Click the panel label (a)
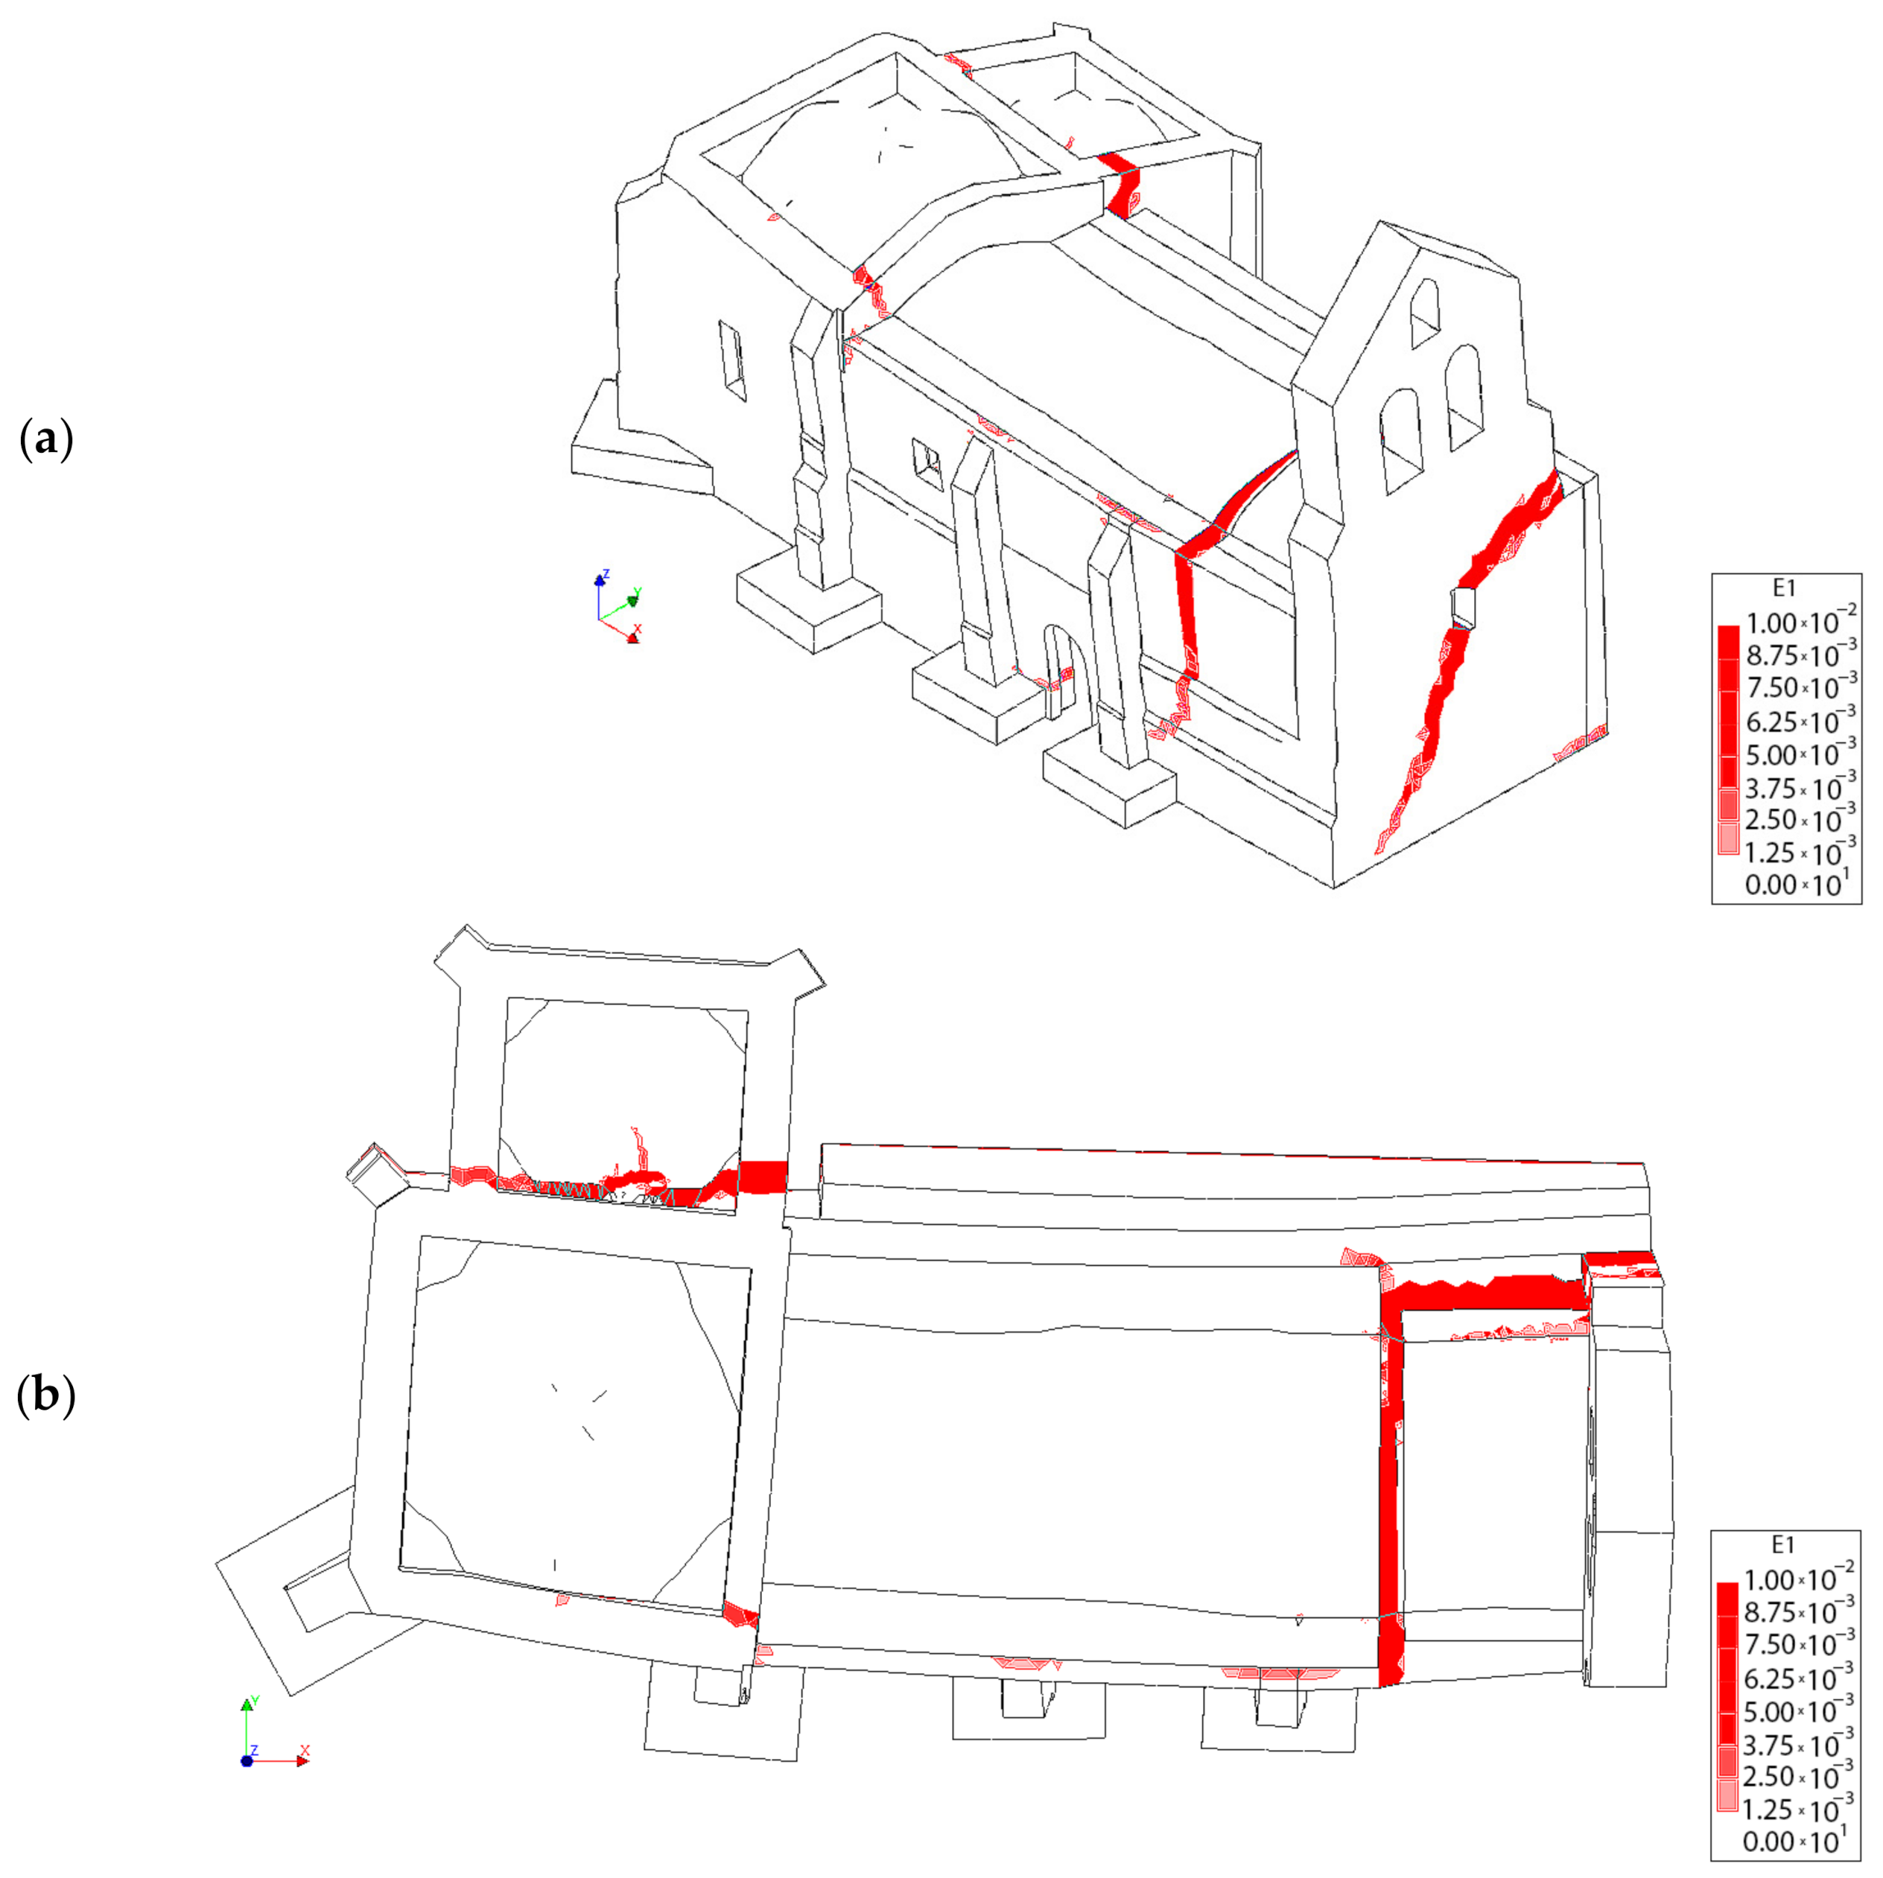[45, 442]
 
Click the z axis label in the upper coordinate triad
[606, 574]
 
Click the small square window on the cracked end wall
[1464, 606]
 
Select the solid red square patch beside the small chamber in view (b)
[763, 1177]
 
